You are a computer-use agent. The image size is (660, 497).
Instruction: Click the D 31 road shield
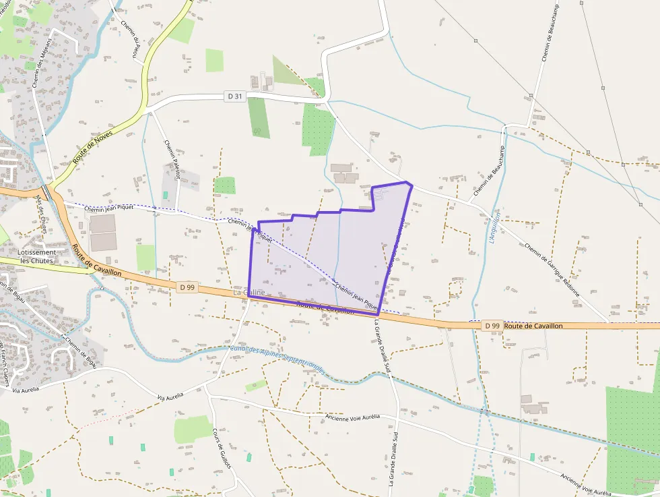pos(234,96)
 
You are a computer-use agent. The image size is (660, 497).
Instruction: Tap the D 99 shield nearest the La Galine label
pos(187,287)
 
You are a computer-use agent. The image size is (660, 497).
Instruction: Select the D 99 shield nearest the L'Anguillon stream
pos(492,326)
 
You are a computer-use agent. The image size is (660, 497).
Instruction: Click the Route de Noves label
pos(93,146)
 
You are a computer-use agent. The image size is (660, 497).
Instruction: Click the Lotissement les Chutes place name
pos(37,256)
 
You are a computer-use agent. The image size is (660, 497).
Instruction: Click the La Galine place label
pos(249,293)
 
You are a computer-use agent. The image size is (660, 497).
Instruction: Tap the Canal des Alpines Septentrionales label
pos(276,357)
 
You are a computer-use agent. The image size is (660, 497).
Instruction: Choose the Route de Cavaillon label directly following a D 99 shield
pos(533,326)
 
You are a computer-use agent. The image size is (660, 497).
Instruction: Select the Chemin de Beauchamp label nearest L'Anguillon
pos(488,171)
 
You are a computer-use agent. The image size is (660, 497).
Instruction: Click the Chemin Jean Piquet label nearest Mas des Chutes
pos(109,208)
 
